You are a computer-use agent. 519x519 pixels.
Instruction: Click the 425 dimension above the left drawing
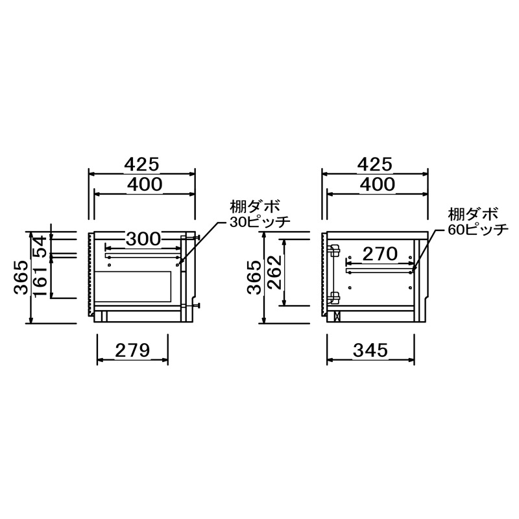tap(141, 164)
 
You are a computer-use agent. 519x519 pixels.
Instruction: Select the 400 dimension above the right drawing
tap(378, 184)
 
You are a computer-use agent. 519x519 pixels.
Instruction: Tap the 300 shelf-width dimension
tap(143, 239)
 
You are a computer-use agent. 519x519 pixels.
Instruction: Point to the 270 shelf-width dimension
tap(380, 254)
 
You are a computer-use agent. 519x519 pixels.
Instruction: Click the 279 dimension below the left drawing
tap(132, 350)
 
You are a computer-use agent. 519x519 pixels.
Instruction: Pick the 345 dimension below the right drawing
tap(370, 350)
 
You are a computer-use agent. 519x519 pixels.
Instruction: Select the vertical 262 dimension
tap(274, 272)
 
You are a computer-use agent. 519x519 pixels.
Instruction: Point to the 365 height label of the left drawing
tap(21, 278)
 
